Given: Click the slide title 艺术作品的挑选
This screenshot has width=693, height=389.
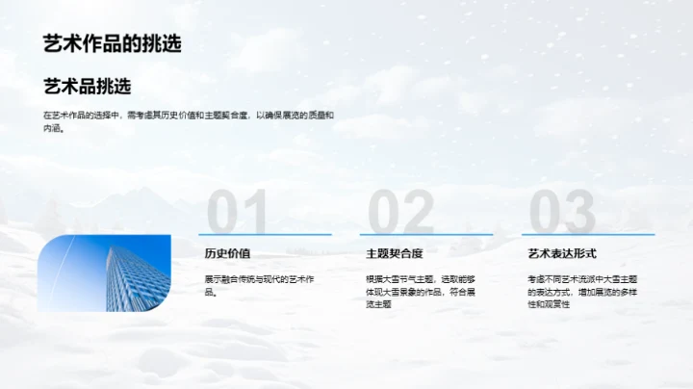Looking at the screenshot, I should coord(112,43).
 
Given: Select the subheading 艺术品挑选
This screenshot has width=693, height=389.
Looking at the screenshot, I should coord(87,87).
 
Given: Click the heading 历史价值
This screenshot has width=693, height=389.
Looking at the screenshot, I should coord(227,254).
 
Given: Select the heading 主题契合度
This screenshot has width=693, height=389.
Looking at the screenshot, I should coord(394,254).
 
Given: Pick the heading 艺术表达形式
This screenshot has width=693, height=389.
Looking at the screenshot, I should coord(562,254).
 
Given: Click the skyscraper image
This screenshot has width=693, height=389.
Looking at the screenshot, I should coord(104,272).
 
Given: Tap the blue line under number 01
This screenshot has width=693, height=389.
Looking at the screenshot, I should coord(265,234).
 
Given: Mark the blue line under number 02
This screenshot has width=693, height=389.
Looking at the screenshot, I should coord(425,234).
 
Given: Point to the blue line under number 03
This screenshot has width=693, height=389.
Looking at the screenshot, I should coord(587,234).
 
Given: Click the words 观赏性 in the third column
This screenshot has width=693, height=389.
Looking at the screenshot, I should coord(555,303).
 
